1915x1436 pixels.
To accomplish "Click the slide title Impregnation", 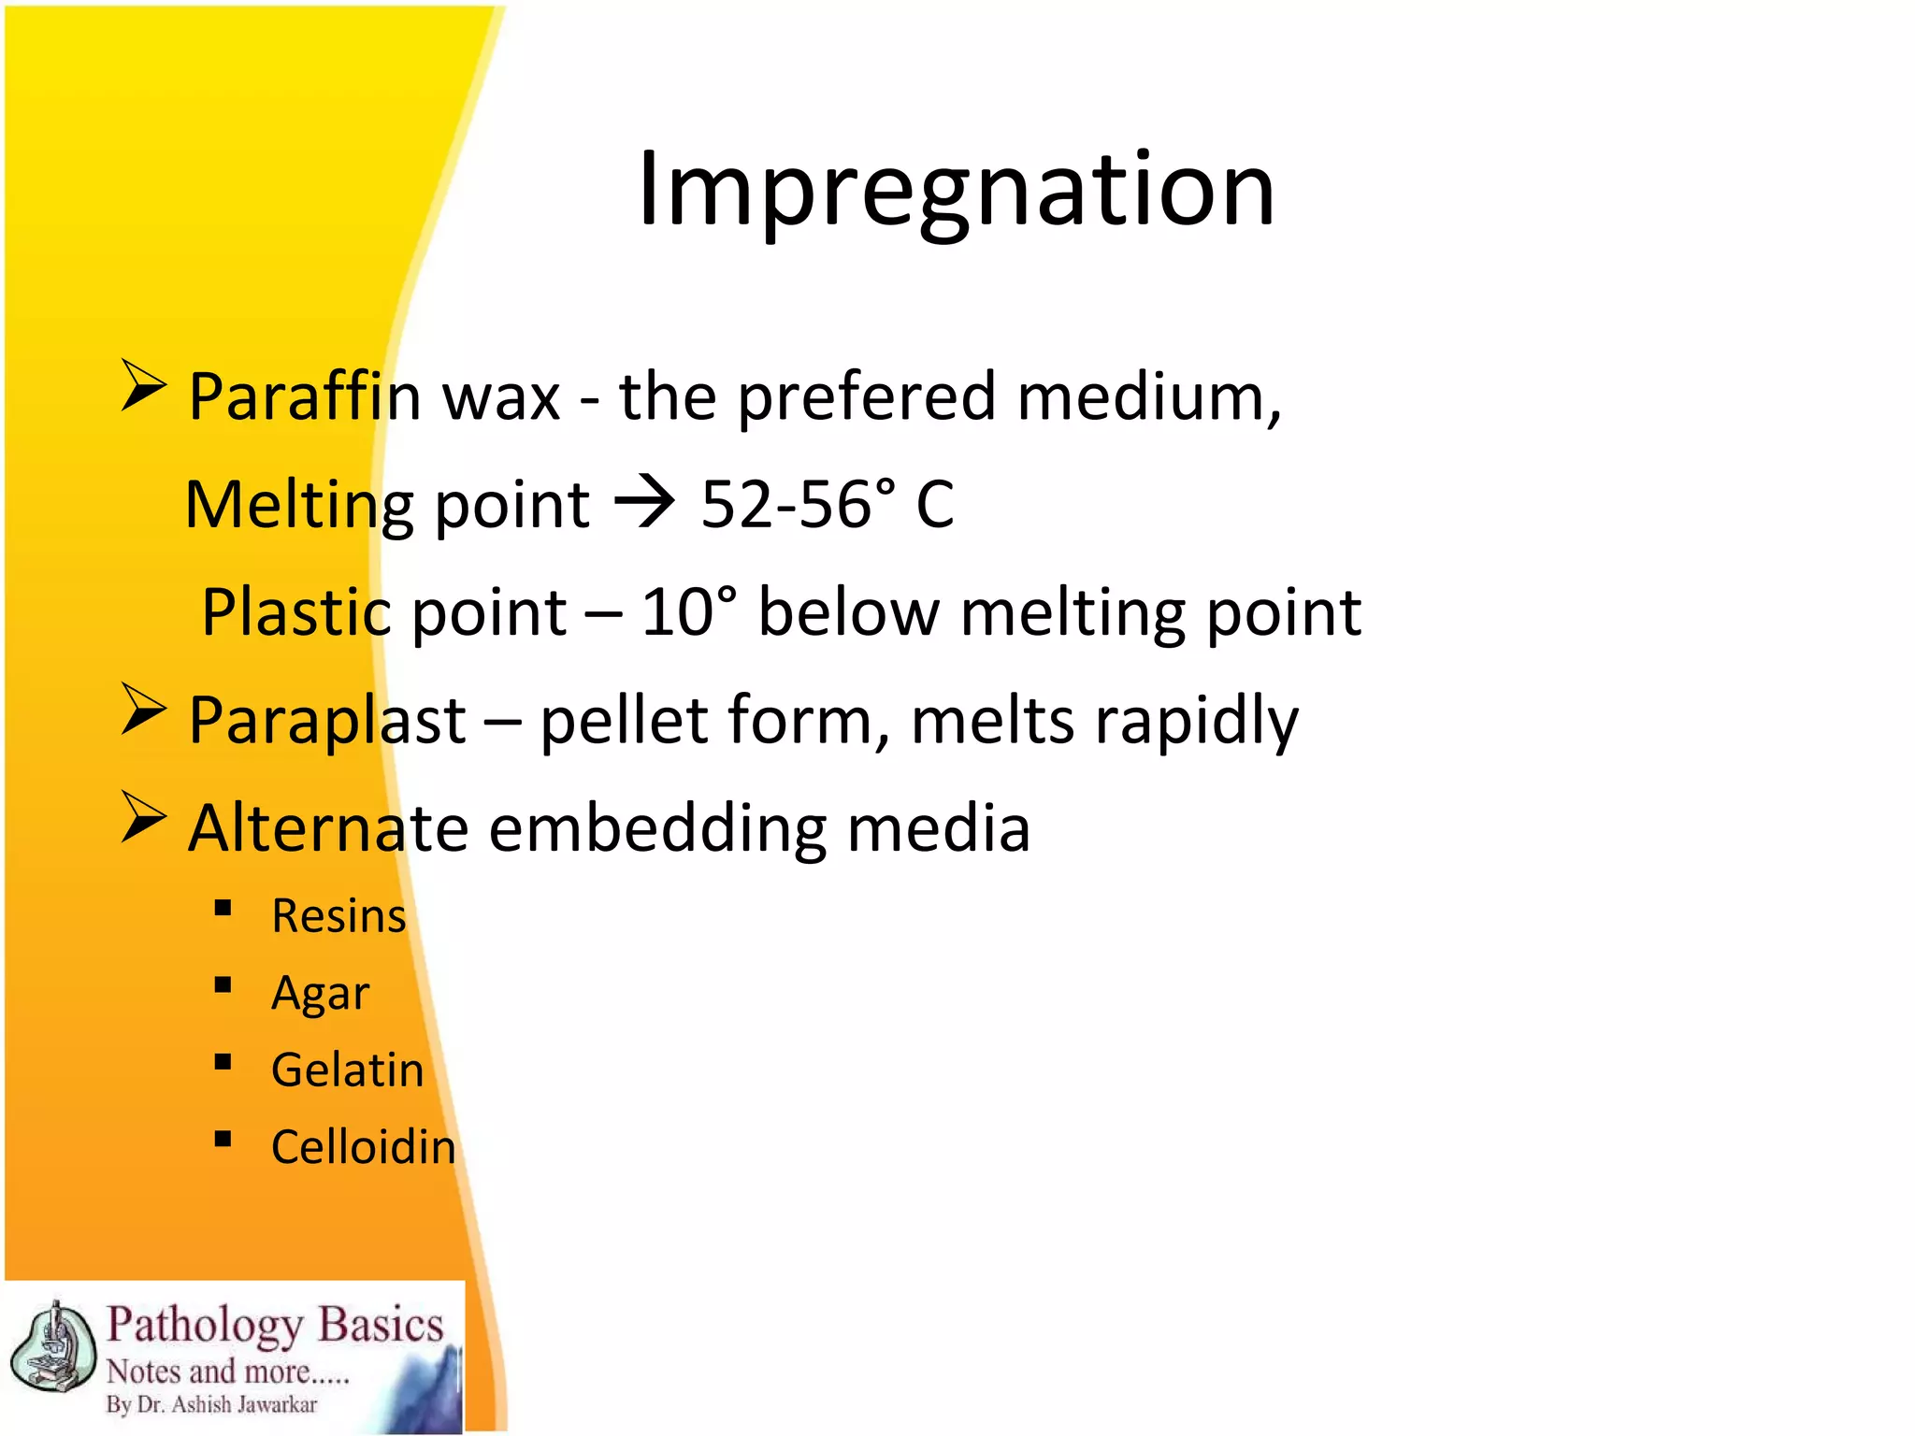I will [x=956, y=190].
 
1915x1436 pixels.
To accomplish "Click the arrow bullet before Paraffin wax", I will [x=143, y=386].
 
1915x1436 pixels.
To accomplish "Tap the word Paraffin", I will [x=305, y=397].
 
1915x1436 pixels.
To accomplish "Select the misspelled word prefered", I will [x=867, y=397].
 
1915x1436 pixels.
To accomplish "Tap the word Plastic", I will [x=295, y=612].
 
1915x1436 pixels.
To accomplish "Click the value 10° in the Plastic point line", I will [x=688, y=612].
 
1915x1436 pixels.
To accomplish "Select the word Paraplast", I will [x=327, y=721].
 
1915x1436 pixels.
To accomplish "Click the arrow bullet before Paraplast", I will [x=143, y=710].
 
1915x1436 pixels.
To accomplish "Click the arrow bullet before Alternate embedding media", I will [x=143, y=817].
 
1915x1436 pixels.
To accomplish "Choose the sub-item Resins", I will [x=338, y=915].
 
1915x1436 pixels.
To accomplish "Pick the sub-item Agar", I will [x=320, y=993].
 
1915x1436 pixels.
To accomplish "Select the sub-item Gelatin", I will [x=347, y=1070].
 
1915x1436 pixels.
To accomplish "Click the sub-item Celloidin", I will [x=363, y=1147].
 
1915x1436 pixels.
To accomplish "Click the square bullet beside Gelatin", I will [x=223, y=1062].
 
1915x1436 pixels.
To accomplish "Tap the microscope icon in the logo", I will [x=53, y=1347].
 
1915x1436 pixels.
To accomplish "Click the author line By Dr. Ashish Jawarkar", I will [x=211, y=1404].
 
